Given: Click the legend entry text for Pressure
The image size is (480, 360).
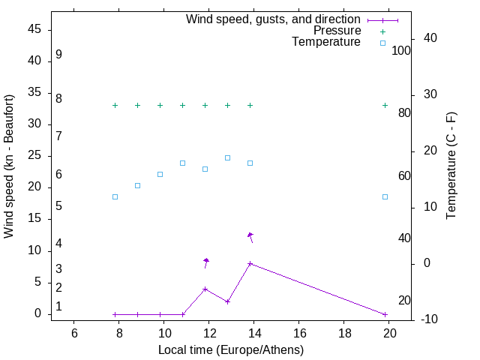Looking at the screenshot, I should click(x=337, y=31).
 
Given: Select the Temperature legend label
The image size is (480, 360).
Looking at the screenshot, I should click(x=326, y=42).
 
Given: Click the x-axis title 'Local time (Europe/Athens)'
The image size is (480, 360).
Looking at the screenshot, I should click(x=231, y=349).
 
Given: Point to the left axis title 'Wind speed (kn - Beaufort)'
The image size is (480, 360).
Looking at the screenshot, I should click(x=9, y=166).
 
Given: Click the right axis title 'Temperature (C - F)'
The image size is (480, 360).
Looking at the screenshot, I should click(x=451, y=166).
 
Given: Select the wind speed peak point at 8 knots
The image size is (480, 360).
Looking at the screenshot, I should click(x=250, y=263).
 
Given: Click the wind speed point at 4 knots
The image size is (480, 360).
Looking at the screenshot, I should click(x=205, y=289).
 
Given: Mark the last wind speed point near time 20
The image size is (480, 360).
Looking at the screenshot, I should click(x=385, y=314).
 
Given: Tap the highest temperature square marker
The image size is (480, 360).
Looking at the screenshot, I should click(x=227, y=157).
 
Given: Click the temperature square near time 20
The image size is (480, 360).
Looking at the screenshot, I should click(x=385, y=196).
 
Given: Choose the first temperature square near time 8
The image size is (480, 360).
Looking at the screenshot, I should click(x=115, y=196).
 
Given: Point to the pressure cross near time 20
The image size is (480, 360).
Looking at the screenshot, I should click(x=385, y=105).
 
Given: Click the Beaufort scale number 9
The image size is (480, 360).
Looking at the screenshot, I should click(x=58, y=55).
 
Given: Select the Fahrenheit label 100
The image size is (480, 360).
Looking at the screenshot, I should click(x=401, y=51).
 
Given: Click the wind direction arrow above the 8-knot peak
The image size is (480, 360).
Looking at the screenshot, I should click(x=250, y=237).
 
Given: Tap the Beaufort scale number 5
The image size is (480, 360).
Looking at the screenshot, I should click(x=58, y=205).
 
